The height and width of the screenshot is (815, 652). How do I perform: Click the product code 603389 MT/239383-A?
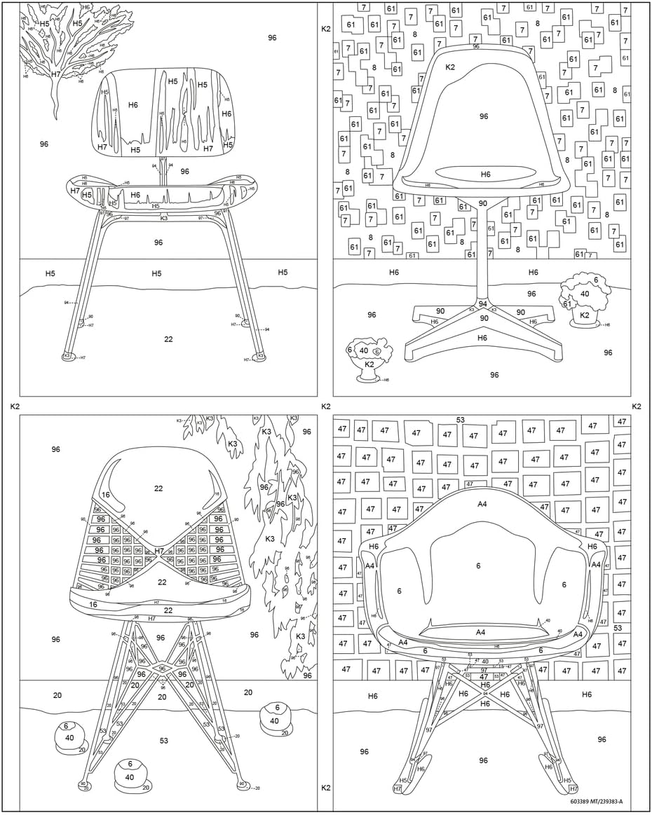point(596,801)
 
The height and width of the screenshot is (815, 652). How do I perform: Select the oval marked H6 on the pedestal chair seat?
point(485,174)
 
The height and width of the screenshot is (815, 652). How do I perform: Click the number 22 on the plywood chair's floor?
point(168,339)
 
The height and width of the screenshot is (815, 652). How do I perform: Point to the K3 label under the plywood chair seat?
point(164,219)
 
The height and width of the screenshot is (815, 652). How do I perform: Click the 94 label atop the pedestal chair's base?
point(482,304)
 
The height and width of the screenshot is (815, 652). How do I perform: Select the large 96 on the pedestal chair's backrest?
point(484,116)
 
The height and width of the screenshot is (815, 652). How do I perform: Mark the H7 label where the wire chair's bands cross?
point(159,552)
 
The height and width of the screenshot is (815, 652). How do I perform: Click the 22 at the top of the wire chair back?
point(158,488)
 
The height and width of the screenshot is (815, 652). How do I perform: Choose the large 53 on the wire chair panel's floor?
point(163,741)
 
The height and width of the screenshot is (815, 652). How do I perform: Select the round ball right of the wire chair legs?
point(274,719)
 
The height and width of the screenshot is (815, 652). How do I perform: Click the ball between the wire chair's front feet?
point(130,776)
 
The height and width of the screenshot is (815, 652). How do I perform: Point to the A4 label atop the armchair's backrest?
point(482,504)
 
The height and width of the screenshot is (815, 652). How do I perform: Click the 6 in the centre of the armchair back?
point(478,566)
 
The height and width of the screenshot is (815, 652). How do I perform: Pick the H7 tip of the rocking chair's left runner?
point(398,789)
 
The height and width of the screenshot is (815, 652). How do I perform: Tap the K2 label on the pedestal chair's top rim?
point(450,67)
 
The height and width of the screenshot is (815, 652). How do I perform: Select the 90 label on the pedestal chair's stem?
point(482,203)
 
